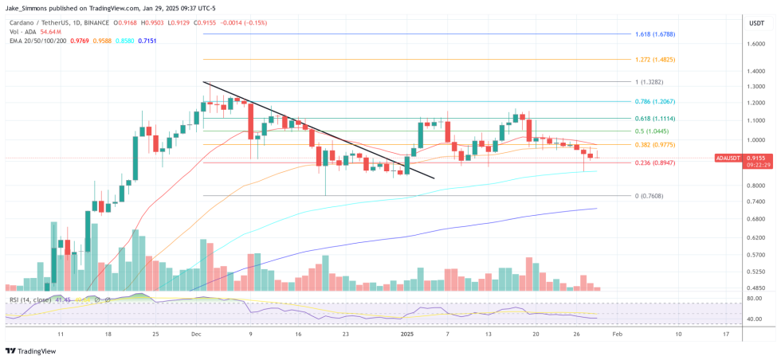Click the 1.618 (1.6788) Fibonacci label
(656, 34)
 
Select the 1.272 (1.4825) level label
(655, 59)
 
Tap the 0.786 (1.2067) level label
(655, 101)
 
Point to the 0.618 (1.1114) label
(655, 118)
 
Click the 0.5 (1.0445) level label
(652, 131)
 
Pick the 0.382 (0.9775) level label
(655, 144)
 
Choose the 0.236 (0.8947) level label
(655, 162)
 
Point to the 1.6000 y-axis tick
(756, 44)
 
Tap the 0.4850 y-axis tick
(756, 288)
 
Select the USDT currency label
(755, 23)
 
